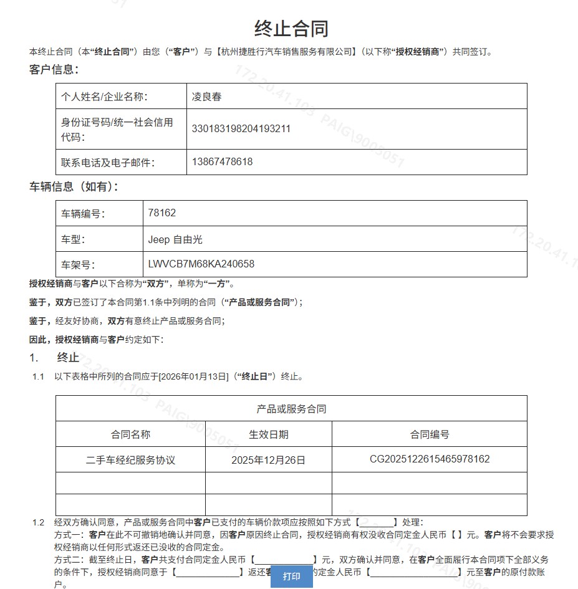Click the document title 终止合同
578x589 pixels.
pyautogui.click(x=291, y=28)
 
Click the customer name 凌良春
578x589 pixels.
pyautogui.click(x=206, y=97)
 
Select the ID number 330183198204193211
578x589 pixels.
pyautogui.click(x=241, y=129)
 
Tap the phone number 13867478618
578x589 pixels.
pyautogui.click(x=222, y=162)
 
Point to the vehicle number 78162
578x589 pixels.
pyautogui.click(x=162, y=213)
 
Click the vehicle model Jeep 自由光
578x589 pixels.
pyautogui.click(x=175, y=239)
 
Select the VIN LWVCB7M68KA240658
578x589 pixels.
pyautogui.click(x=201, y=264)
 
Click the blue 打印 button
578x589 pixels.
pyautogui.click(x=292, y=576)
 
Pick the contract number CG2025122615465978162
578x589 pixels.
pyautogui.click(x=430, y=459)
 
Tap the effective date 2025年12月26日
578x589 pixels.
pyautogui.click(x=269, y=460)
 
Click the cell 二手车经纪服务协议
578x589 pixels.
pyautogui.click(x=130, y=460)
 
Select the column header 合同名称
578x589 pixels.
pyautogui.click(x=130, y=434)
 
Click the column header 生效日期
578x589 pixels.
pyautogui.click(x=269, y=434)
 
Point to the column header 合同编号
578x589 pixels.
pyautogui.click(x=430, y=434)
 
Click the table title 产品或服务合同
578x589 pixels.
pyautogui.click(x=291, y=409)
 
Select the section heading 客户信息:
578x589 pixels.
pyautogui.click(x=54, y=69)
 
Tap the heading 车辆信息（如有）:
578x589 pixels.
pyautogui.click(x=74, y=186)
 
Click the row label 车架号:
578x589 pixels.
pyautogui.click(x=78, y=264)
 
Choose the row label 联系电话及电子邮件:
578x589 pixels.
pyautogui.click(x=108, y=163)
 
